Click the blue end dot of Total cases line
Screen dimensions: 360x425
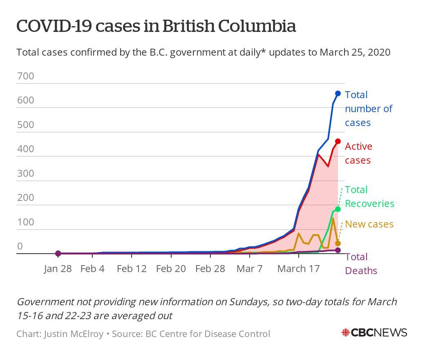pyautogui.click(x=338, y=94)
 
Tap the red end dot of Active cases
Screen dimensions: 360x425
pyautogui.click(x=338, y=142)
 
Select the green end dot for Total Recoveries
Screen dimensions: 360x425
pyautogui.click(x=338, y=209)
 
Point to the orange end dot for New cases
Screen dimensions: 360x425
pyautogui.click(x=338, y=243)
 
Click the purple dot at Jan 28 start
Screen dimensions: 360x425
pyautogui.click(x=58, y=254)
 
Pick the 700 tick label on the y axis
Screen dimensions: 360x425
pyautogui.click(x=25, y=76)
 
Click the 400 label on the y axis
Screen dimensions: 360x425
pyautogui.click(x=25, y=149)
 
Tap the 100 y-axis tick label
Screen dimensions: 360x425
pyautogui.click(x=25, y=222)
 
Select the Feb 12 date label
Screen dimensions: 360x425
pyautogui.click(x=131, y=269)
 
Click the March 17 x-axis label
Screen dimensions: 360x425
pyautogui.click(x=298, y=269)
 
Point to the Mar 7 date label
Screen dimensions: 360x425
pyautogui.click(x=250, y=269)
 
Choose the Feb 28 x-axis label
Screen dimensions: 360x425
pyautogui.click(x=210, y=269)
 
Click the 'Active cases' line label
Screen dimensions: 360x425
pyautogui.click(x=358, y=153)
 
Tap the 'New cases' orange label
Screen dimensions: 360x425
pyautogui.click(x=369, y=224)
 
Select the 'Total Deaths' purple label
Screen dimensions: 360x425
pyautogui.click(x=361, y=263)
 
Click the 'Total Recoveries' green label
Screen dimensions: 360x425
pyautogui.click(x=369, y=197)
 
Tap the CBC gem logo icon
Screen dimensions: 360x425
pyautogui.click(x=346, y=333)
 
